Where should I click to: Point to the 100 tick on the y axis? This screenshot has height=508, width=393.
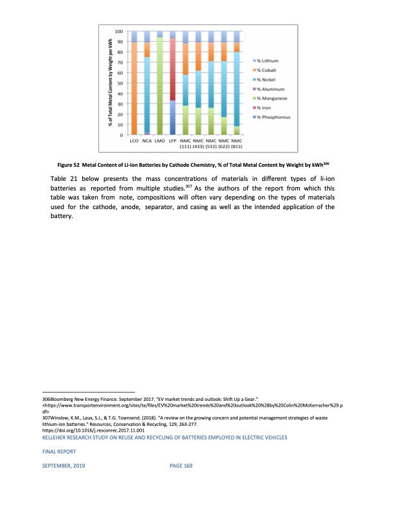[x=119, y=31]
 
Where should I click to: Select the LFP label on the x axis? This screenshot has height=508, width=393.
[x=173, y=139]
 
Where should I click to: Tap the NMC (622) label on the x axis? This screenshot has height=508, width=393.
[x=223, y=142]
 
